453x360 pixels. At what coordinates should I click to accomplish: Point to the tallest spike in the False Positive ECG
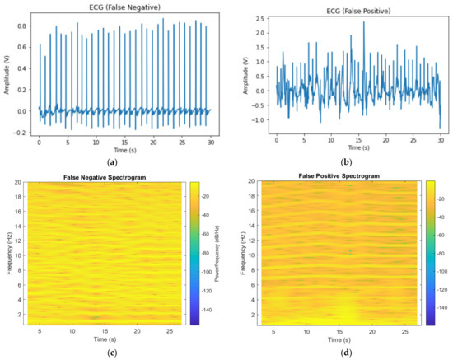click(x=363, y=22)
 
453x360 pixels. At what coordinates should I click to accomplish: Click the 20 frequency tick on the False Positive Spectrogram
click(x=252, y=184)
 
